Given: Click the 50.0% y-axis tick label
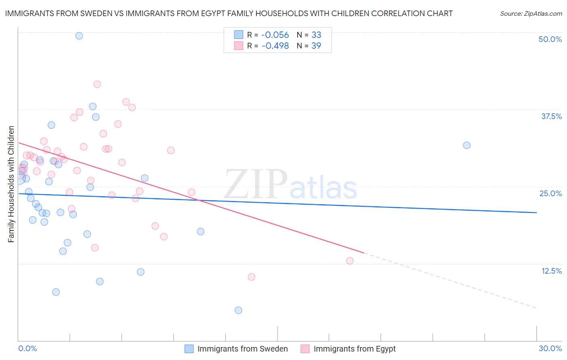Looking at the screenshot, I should click(x=550, y=39).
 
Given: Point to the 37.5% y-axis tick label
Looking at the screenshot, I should click(x=551, y=116).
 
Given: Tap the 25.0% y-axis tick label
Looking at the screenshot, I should click(x=550, y=193).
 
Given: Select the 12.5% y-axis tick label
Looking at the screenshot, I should click(x=551, y=271).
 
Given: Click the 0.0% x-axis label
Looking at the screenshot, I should click(x=27, y=348).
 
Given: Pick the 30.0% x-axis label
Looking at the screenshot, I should click(x=550, y=348).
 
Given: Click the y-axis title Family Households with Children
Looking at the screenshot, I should click(x=11, y=184).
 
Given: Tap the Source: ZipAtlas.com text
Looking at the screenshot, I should click(x=531, y=14).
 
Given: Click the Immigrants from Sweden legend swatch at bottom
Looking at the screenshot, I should click(x=189, y=349).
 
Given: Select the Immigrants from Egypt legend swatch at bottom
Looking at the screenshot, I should click(x=305, y=349).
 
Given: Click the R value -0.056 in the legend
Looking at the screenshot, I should click(x=275, y=35).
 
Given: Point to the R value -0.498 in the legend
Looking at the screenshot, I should click(x=275, y=46).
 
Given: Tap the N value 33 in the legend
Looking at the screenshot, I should click(x=316, y=35).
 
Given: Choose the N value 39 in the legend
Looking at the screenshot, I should click(x=316, y=46).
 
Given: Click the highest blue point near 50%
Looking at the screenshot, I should click(x=79, y=36).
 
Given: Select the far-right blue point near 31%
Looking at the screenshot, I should click(x=467, y=145).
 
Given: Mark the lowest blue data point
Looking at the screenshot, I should click(x=238, y=310).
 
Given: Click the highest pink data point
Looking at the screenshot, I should click(x=97, y=84).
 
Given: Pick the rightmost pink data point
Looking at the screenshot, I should click(x=350, y=261).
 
